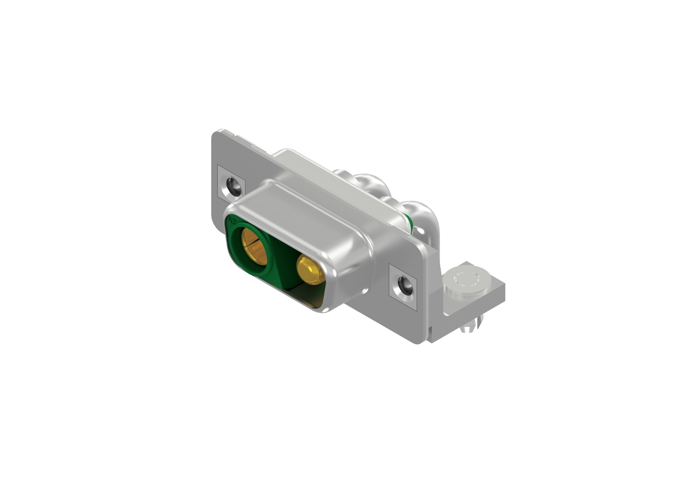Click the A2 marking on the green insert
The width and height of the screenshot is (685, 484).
click(232, 221)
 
